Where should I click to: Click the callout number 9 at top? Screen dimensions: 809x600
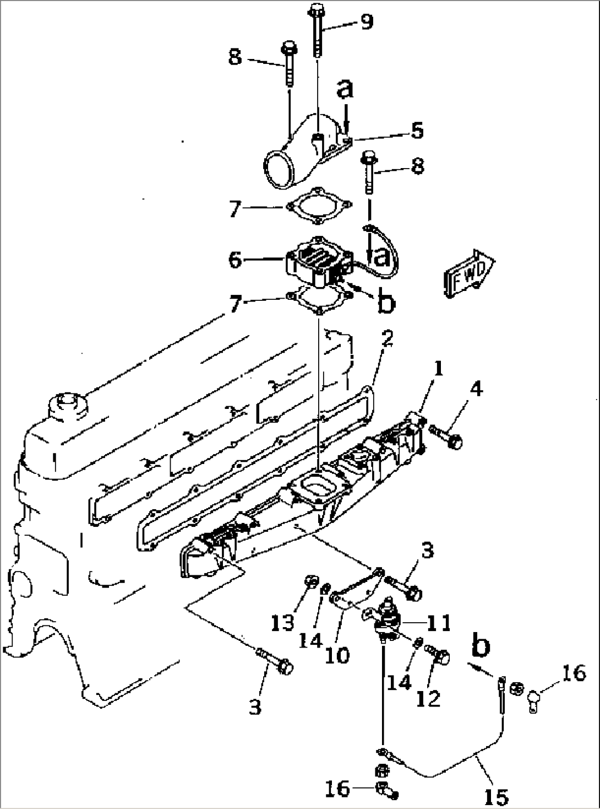coord(367,21)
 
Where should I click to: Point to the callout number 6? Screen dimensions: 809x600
coord(235,259)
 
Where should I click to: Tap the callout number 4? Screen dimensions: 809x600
coord(477,389)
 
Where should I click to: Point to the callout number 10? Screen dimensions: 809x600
coord(337,655)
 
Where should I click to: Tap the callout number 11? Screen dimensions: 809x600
coord(439,623)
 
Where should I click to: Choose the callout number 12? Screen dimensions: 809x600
coord(429,698)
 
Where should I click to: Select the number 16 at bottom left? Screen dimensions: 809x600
coord(337,789)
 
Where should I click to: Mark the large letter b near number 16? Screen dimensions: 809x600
coord(482,647)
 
